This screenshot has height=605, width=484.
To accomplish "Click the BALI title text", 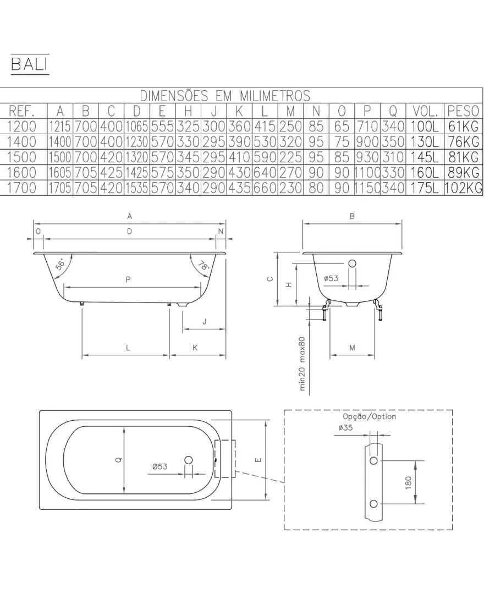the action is point(30,64).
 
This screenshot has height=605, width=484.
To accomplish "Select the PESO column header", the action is point(463,111).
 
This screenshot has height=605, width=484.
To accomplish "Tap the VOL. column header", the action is point(425,111).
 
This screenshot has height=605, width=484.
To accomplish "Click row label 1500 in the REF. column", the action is point(21,157).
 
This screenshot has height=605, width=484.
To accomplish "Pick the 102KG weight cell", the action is point(463,188).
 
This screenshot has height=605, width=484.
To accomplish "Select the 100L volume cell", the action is point(425,126).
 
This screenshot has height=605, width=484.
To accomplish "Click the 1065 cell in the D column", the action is point(136,126).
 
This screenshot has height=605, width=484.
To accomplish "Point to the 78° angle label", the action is point(204,265).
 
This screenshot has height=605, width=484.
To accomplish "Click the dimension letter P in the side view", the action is point(128,279).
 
